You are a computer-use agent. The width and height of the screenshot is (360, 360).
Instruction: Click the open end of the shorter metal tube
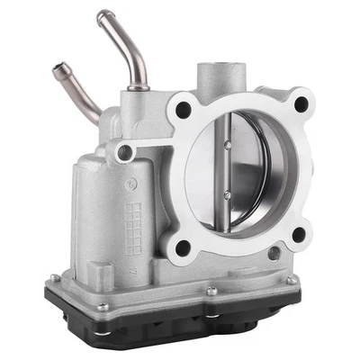point(60,67)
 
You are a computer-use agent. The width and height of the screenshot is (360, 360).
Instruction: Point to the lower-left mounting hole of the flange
point(183,245)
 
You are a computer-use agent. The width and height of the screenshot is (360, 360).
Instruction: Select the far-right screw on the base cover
point(292,280)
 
